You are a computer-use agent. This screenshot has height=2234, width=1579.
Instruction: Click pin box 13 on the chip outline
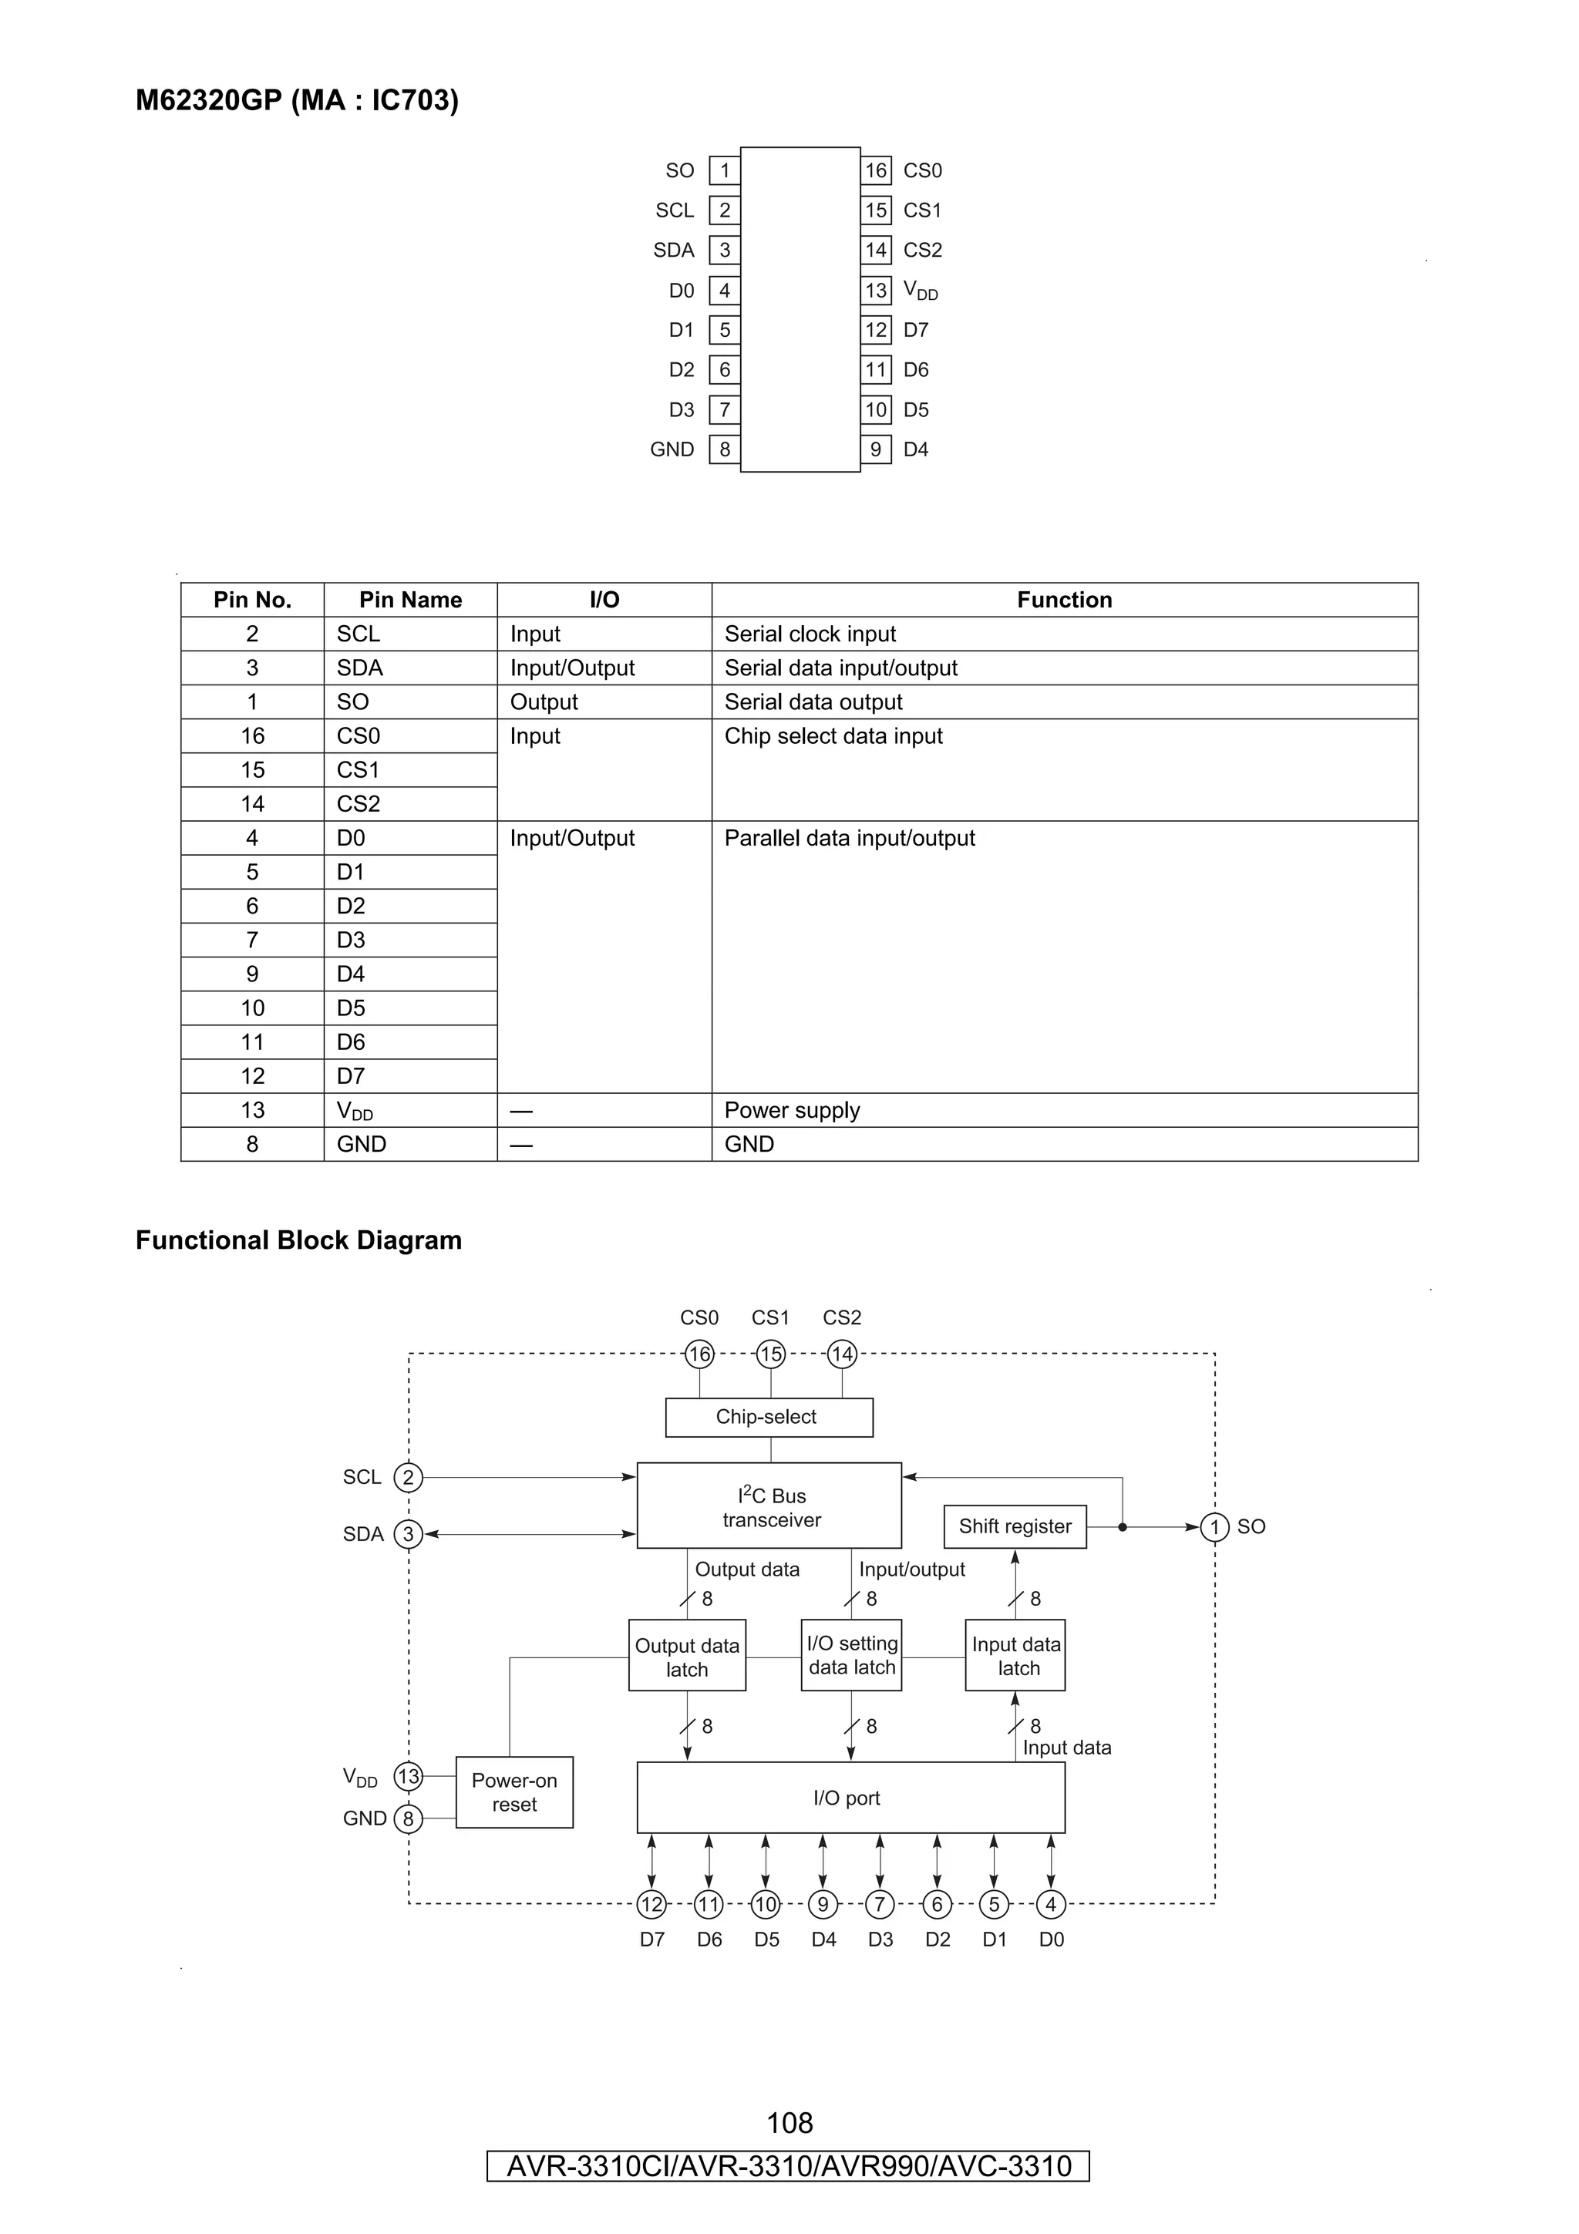pyautogui.click(x=876, y=290)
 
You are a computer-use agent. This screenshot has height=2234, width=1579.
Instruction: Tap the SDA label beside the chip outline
pyautogui.click(x=673, y=250)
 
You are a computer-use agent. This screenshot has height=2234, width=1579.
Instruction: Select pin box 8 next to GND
pyautogui.click(x=724, y=449)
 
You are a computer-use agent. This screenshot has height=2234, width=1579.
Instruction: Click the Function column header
pyautogui.click(x=1063, y=600)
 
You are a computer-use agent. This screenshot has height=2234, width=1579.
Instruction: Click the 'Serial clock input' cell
pyautogui.click(x=810, y=634)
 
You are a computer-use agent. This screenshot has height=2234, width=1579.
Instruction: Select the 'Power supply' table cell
pyautogui.click(x=792, y=1110)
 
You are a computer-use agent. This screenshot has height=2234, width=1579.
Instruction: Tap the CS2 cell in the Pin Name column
pyautogui.click(x=358, y=804)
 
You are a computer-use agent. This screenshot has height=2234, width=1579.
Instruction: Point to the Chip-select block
pyautogui.click(x=768, y=1417)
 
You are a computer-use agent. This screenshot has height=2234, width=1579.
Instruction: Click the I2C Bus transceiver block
pyautogui.click(x=769, y=1506)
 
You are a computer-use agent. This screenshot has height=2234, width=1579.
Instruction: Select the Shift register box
pyautogui.click(x=1014, y=1526)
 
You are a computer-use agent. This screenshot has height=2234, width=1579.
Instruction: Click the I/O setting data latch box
pyautogui.click(x=851, y=1655)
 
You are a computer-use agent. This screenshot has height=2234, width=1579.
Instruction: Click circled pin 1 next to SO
pyautogui.click(x=1214, y=1526)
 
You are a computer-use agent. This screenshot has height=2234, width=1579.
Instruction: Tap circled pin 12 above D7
pyautogui.click(x=651, y=1904)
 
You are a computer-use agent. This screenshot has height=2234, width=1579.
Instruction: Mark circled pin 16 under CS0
pyautogui.click(x=699, y=1354)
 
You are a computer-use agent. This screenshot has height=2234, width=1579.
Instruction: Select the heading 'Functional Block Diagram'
pyautogui.click(x=298, y=1240)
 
